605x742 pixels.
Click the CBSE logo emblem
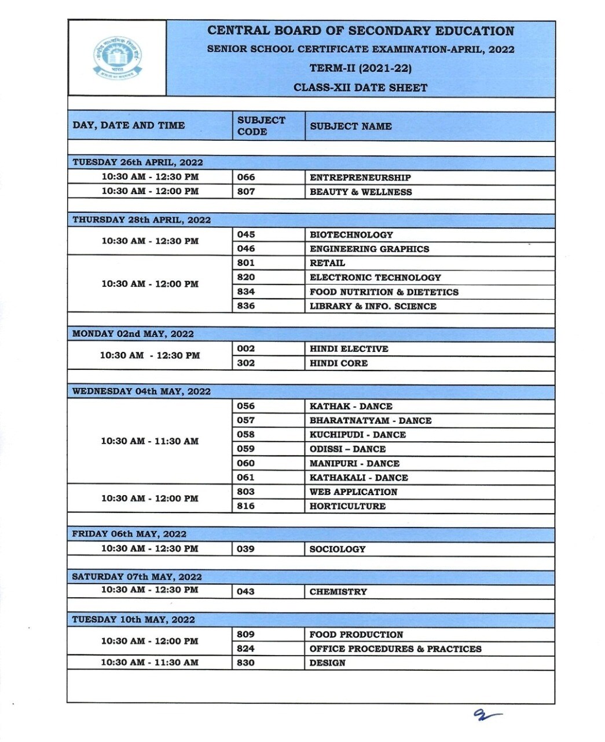coord(118,57)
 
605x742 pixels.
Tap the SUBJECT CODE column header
coord(261,126)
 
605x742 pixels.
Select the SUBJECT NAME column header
coord(350,126)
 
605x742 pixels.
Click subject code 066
coord(246,177)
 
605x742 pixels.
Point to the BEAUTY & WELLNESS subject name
coord(361,192)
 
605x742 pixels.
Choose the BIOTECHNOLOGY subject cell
coord(351,235)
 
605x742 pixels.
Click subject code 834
coord(246,292)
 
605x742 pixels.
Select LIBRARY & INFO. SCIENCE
coord(373,306)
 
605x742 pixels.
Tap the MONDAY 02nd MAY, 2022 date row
coord(133,334)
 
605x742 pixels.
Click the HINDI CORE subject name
coord(338,363)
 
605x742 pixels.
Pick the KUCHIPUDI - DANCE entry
coord(357,435)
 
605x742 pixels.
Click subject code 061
coord(245,478)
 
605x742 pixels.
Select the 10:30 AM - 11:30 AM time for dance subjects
coord(149,441)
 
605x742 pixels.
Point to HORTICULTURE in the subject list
coord(347,506)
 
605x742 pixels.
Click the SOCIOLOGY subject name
coord(337,549)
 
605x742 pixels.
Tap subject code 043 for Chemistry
coord(245,592)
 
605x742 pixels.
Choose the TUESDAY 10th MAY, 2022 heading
coord(133,620)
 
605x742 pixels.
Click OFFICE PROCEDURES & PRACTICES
coord(395,649)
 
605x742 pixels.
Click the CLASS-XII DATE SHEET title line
coord(360,88)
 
